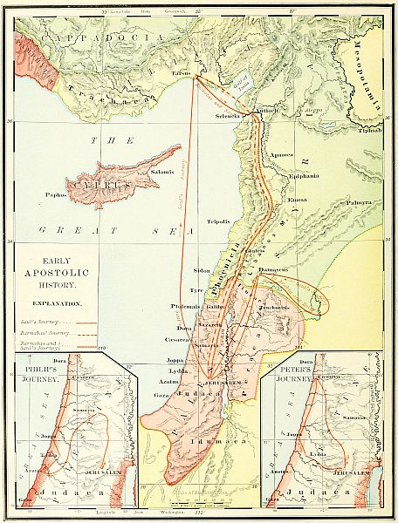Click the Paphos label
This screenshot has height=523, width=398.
(57, 183)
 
